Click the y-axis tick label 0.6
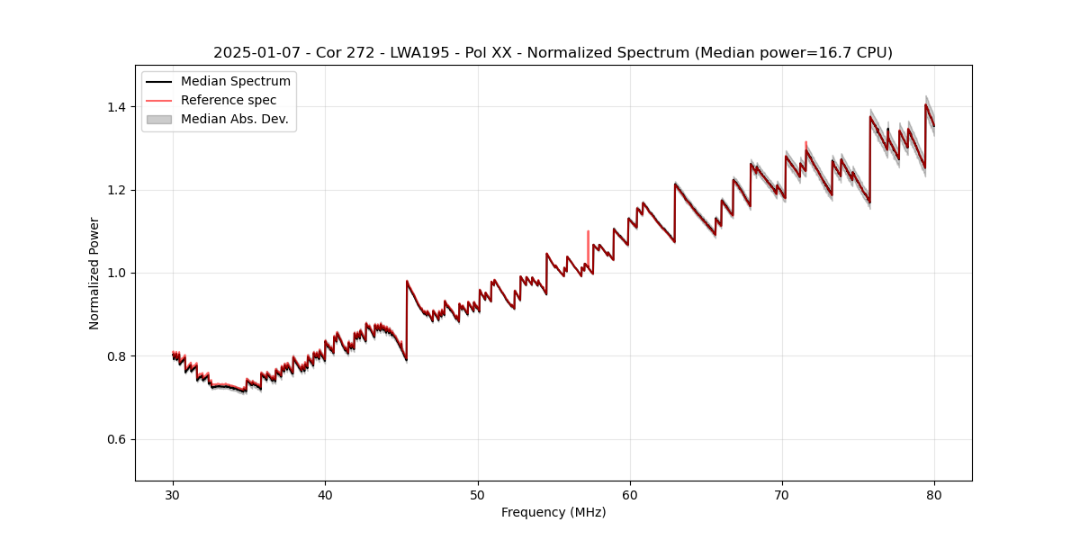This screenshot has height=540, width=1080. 116,439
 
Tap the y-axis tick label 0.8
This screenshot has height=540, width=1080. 116,356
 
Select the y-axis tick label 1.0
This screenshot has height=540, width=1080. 116,273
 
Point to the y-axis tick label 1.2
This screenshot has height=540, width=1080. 116,190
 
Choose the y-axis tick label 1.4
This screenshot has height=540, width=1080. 116,107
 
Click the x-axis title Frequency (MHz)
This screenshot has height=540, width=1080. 553,512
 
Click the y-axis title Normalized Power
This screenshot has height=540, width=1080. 94,273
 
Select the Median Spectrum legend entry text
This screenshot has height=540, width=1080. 235,82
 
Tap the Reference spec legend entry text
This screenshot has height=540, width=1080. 229,100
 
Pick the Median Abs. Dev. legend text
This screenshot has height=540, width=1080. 234,119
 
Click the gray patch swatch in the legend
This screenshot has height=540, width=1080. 158,119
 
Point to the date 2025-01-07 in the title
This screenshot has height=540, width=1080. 256,53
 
